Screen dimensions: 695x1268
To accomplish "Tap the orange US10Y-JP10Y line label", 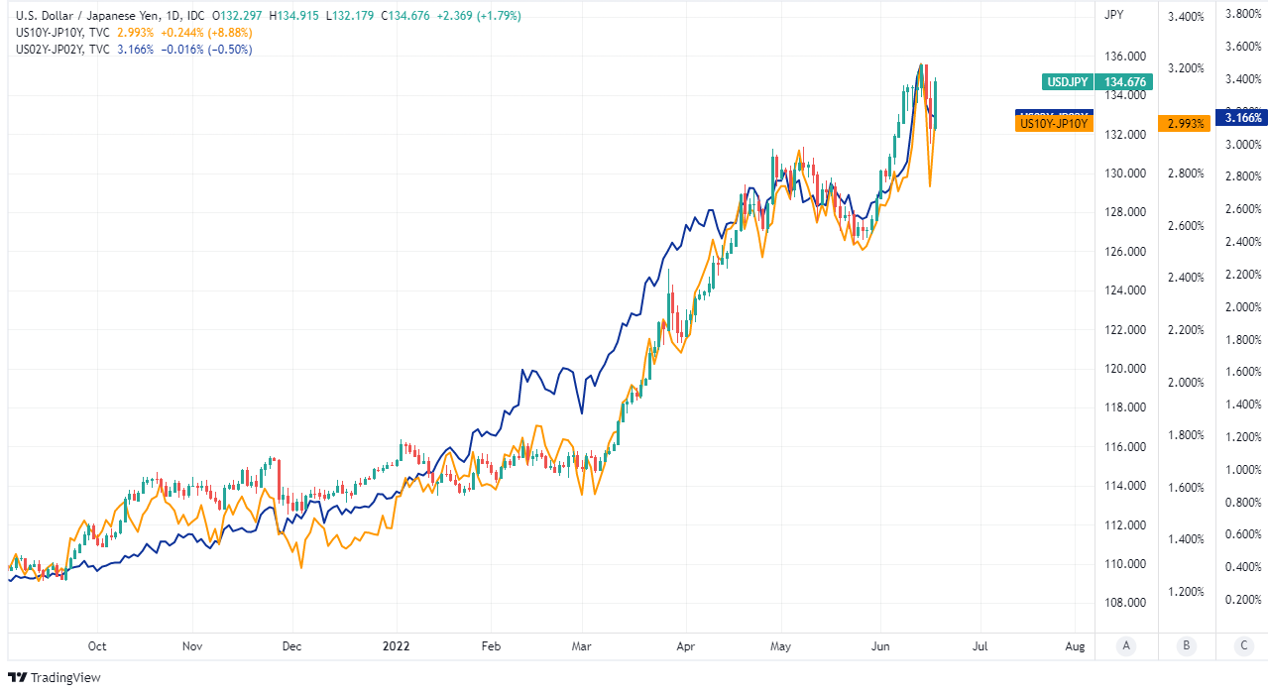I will pyautogui.click(x=1054, y=124).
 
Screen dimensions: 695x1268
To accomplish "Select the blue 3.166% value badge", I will pyautogui.click(x=1243, y=117).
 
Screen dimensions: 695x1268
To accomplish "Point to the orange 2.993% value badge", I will pyautogui.click(x=1185, y=124).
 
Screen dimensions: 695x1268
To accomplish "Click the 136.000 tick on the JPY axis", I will pyautogui.click(x=1127, y=57).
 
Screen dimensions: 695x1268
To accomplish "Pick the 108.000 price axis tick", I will pyautogui.click(x=1127, y=603).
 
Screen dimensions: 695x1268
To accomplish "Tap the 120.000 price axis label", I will pyautogui.click(x=1127, y=369).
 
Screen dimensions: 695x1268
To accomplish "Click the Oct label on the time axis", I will pyautogui.click(x=97, y=646).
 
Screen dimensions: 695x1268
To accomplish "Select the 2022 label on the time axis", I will pyautogui.click(x=397, y=646).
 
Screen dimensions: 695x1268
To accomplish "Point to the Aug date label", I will pyautogui.click(x=1076, y=646).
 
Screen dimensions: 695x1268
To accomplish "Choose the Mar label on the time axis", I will pyautogui.click(x=582, y=646).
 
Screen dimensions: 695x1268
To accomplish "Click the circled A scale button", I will pyautogui.click(x=1125, y=646).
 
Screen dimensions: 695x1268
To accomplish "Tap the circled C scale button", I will pyautogui.click(x=1243, y=646).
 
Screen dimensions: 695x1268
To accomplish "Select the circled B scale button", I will pyautogui.click(x=1185, y=646).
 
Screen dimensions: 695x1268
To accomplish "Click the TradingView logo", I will pyautogui.click(x=55, y=678).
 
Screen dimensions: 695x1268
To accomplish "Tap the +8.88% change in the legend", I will pyautogui.click(x=227, y=33).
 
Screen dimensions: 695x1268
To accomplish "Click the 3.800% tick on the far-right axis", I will pyautogui.click(x=1243, y=14).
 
